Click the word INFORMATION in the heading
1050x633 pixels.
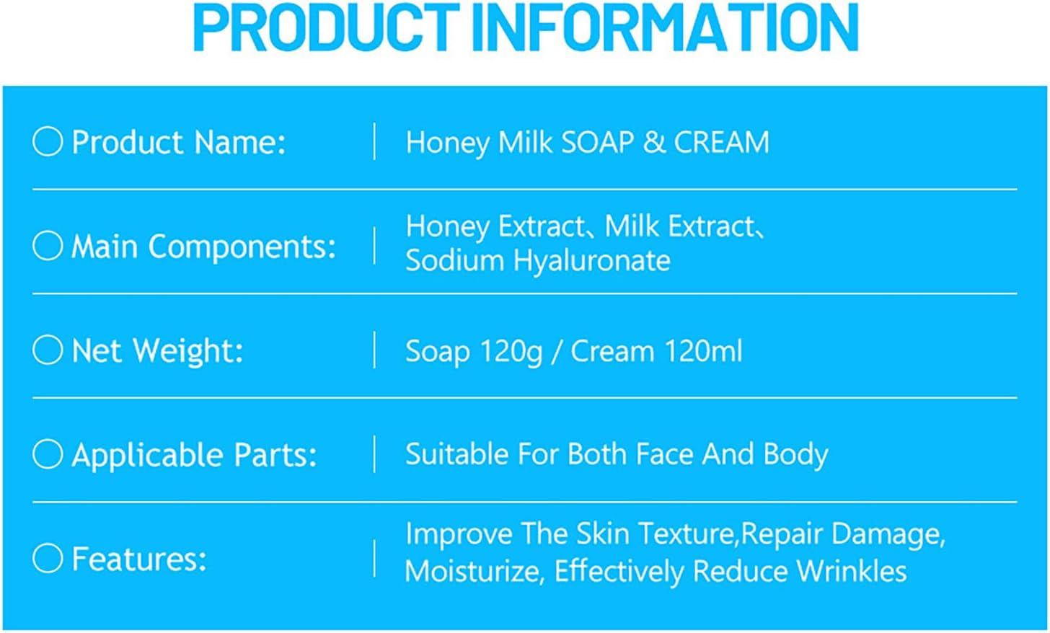click(666, 27)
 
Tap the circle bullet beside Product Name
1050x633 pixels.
click(48, 141)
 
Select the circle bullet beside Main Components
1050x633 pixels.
click(48, 245)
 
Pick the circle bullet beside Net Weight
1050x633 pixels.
click(48, 350)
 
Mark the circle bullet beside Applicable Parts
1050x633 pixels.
click(48, 453)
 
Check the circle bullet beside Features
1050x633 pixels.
click(48, 558)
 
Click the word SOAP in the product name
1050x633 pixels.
click(598, 142)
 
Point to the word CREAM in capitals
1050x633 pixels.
click(721, 142)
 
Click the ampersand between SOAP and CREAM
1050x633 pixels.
click(654, 142)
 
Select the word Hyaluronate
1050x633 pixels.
click(592, 261)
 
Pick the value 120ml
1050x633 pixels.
click(703, 351)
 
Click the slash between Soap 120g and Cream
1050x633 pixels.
click(557, 351)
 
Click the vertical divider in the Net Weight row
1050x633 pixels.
click(374, 350)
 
